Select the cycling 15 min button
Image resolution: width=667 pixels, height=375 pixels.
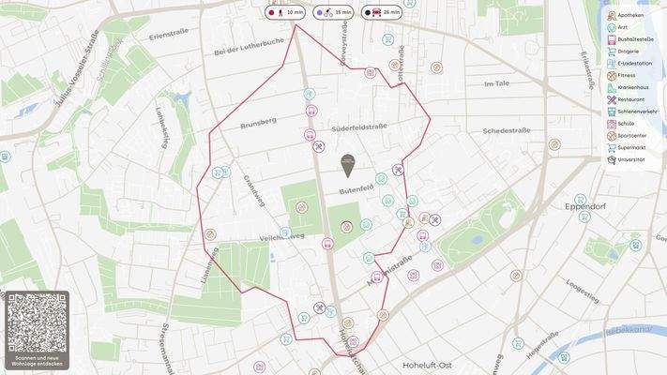[332, 12]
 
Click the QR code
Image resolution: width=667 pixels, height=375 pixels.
[38, 322]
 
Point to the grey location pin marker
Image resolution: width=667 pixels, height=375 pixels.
[348, 165]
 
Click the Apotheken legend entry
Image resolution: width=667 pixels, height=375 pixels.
[628, 16]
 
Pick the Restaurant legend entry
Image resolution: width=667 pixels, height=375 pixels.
[630, 99]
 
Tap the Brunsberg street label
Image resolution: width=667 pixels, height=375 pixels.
[259, 123]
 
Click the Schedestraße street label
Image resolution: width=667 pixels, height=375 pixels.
[507, 131]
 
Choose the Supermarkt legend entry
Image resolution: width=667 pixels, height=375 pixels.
[632, 147]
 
